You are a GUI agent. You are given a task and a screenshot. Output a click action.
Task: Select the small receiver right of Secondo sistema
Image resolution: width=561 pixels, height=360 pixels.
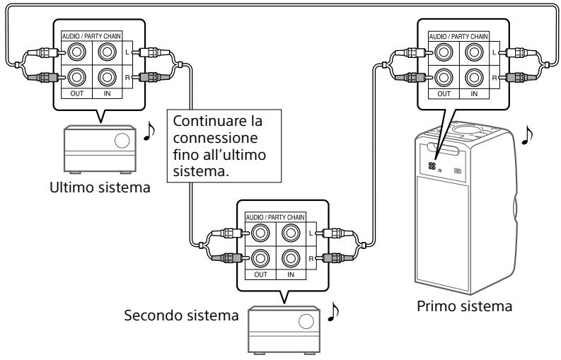pyautogui.click(x=281, y=330)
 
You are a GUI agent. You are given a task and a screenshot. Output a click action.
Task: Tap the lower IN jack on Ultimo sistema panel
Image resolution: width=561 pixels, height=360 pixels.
pyautogui.click(x=106, y=77)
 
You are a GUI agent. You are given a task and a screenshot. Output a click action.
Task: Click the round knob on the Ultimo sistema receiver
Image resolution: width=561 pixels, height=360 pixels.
pyautogui.click(x=122, y=139)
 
